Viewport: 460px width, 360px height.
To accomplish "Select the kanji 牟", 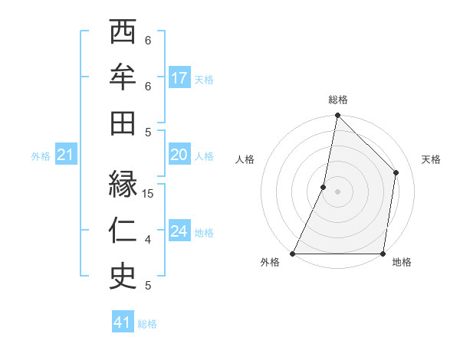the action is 123,78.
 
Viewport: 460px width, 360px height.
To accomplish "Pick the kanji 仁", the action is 123,231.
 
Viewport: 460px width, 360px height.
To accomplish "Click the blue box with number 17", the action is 179,78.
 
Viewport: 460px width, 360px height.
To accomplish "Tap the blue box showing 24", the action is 179,232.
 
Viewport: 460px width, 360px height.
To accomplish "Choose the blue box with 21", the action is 66,156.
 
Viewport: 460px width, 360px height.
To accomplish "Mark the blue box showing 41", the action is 123,322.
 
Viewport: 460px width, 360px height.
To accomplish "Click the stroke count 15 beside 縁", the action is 149,194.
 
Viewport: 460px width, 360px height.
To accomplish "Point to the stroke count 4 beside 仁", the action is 148,240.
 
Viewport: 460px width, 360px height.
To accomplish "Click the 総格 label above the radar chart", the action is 337,100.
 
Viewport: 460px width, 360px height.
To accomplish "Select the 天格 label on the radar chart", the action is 431,159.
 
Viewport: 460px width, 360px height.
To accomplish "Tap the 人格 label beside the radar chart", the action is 245,159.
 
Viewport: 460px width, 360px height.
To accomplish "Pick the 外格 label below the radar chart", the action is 270,263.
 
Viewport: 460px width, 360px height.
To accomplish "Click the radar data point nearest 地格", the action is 383,253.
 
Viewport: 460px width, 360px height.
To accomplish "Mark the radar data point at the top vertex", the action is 337,116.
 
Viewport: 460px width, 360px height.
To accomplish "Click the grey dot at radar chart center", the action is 337,191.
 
